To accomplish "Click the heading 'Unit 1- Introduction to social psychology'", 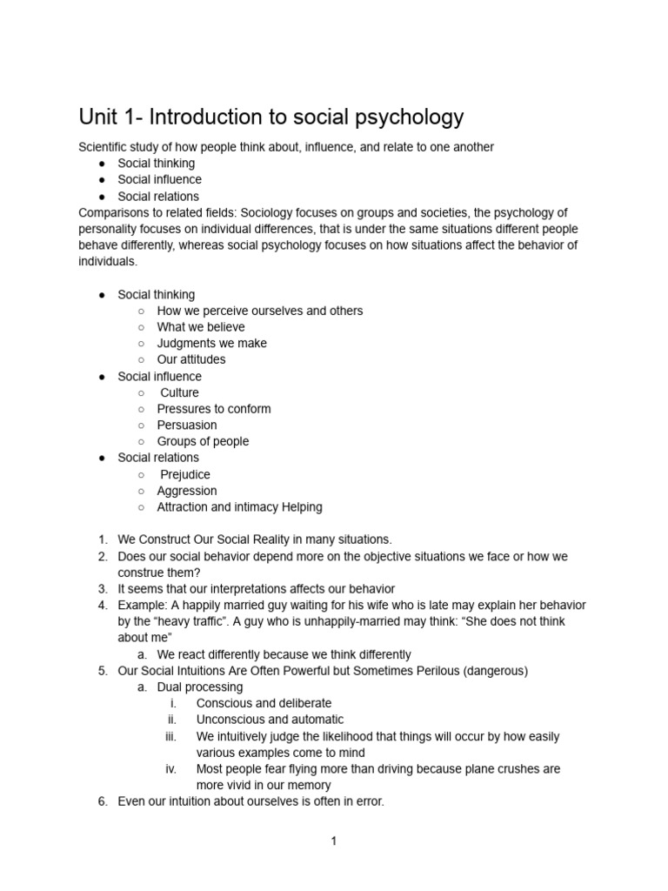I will (271, 117).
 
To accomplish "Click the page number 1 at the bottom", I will (333, 841).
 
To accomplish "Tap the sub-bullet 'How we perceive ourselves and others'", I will (259, 311).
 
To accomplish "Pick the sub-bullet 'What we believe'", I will (201, 327).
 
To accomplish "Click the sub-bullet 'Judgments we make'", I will (211, 343).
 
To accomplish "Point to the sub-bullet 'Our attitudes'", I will (190, 359).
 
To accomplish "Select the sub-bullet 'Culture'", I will (179, 392).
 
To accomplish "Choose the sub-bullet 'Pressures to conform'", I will (213, 409).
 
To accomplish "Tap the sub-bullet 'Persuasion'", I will (187, 425).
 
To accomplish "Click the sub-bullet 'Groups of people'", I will (203, 441).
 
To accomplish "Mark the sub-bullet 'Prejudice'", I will (184, 474).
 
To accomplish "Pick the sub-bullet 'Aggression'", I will (187, 491).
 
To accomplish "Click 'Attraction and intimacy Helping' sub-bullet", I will (239, 506).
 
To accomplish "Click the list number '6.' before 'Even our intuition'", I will (103, 801).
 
